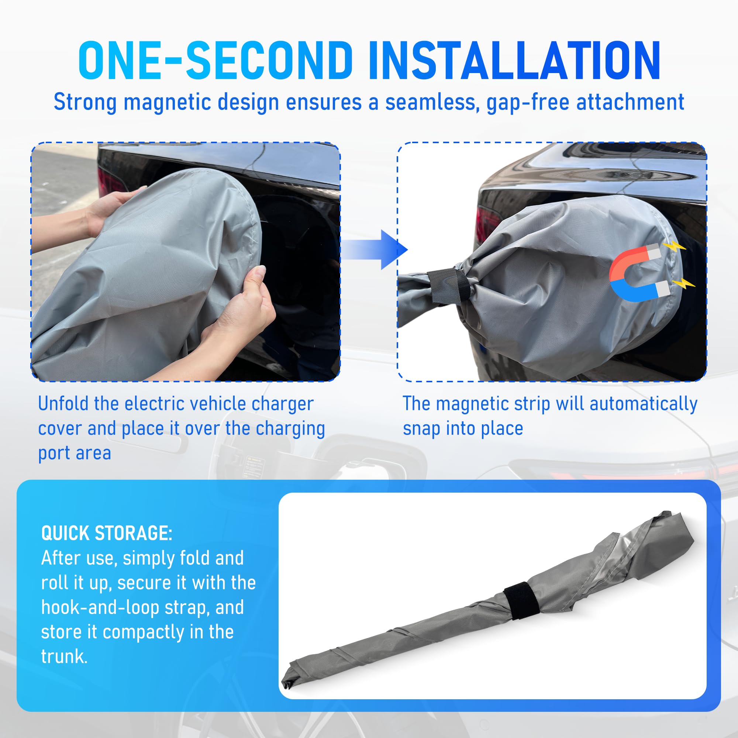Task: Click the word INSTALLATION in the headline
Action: coord(514,61)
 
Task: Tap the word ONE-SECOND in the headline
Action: coord(215,61)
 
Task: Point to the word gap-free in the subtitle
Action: coord(528,102)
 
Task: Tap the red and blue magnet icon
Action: coord(639,272)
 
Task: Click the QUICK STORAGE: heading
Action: coord(107,533)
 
